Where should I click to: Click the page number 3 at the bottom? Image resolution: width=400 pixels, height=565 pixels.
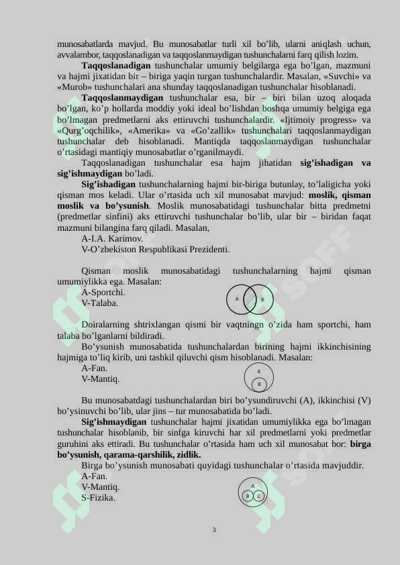214,530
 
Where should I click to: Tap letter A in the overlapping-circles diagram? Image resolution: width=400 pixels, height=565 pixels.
238,299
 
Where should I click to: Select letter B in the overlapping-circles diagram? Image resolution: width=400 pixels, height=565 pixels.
262,299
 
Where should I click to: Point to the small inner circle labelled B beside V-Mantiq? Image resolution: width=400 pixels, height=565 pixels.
259,384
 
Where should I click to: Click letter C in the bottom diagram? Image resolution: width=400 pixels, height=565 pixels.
258,496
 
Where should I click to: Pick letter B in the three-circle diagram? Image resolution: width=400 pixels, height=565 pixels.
248,496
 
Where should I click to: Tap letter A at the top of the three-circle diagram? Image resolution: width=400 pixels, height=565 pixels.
253,486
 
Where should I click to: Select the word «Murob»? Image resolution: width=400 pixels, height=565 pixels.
74,87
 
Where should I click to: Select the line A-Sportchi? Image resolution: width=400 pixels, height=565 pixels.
103,292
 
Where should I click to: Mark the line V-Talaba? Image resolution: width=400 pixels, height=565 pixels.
100,303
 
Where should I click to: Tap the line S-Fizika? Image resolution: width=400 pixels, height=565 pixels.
98,498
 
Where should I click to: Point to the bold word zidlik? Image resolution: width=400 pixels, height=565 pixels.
188,454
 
